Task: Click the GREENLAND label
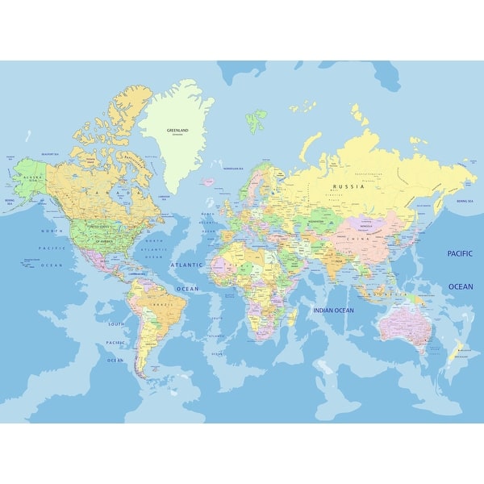coord(177,129)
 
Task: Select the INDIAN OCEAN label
coord(332,310)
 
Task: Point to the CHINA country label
coord(353,239)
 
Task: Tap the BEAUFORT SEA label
coord(50,153)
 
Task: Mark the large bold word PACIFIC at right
coord(461,253)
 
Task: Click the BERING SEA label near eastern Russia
coord(467,200)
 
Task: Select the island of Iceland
coord(209,182)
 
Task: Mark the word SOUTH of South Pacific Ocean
coord(116,323)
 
